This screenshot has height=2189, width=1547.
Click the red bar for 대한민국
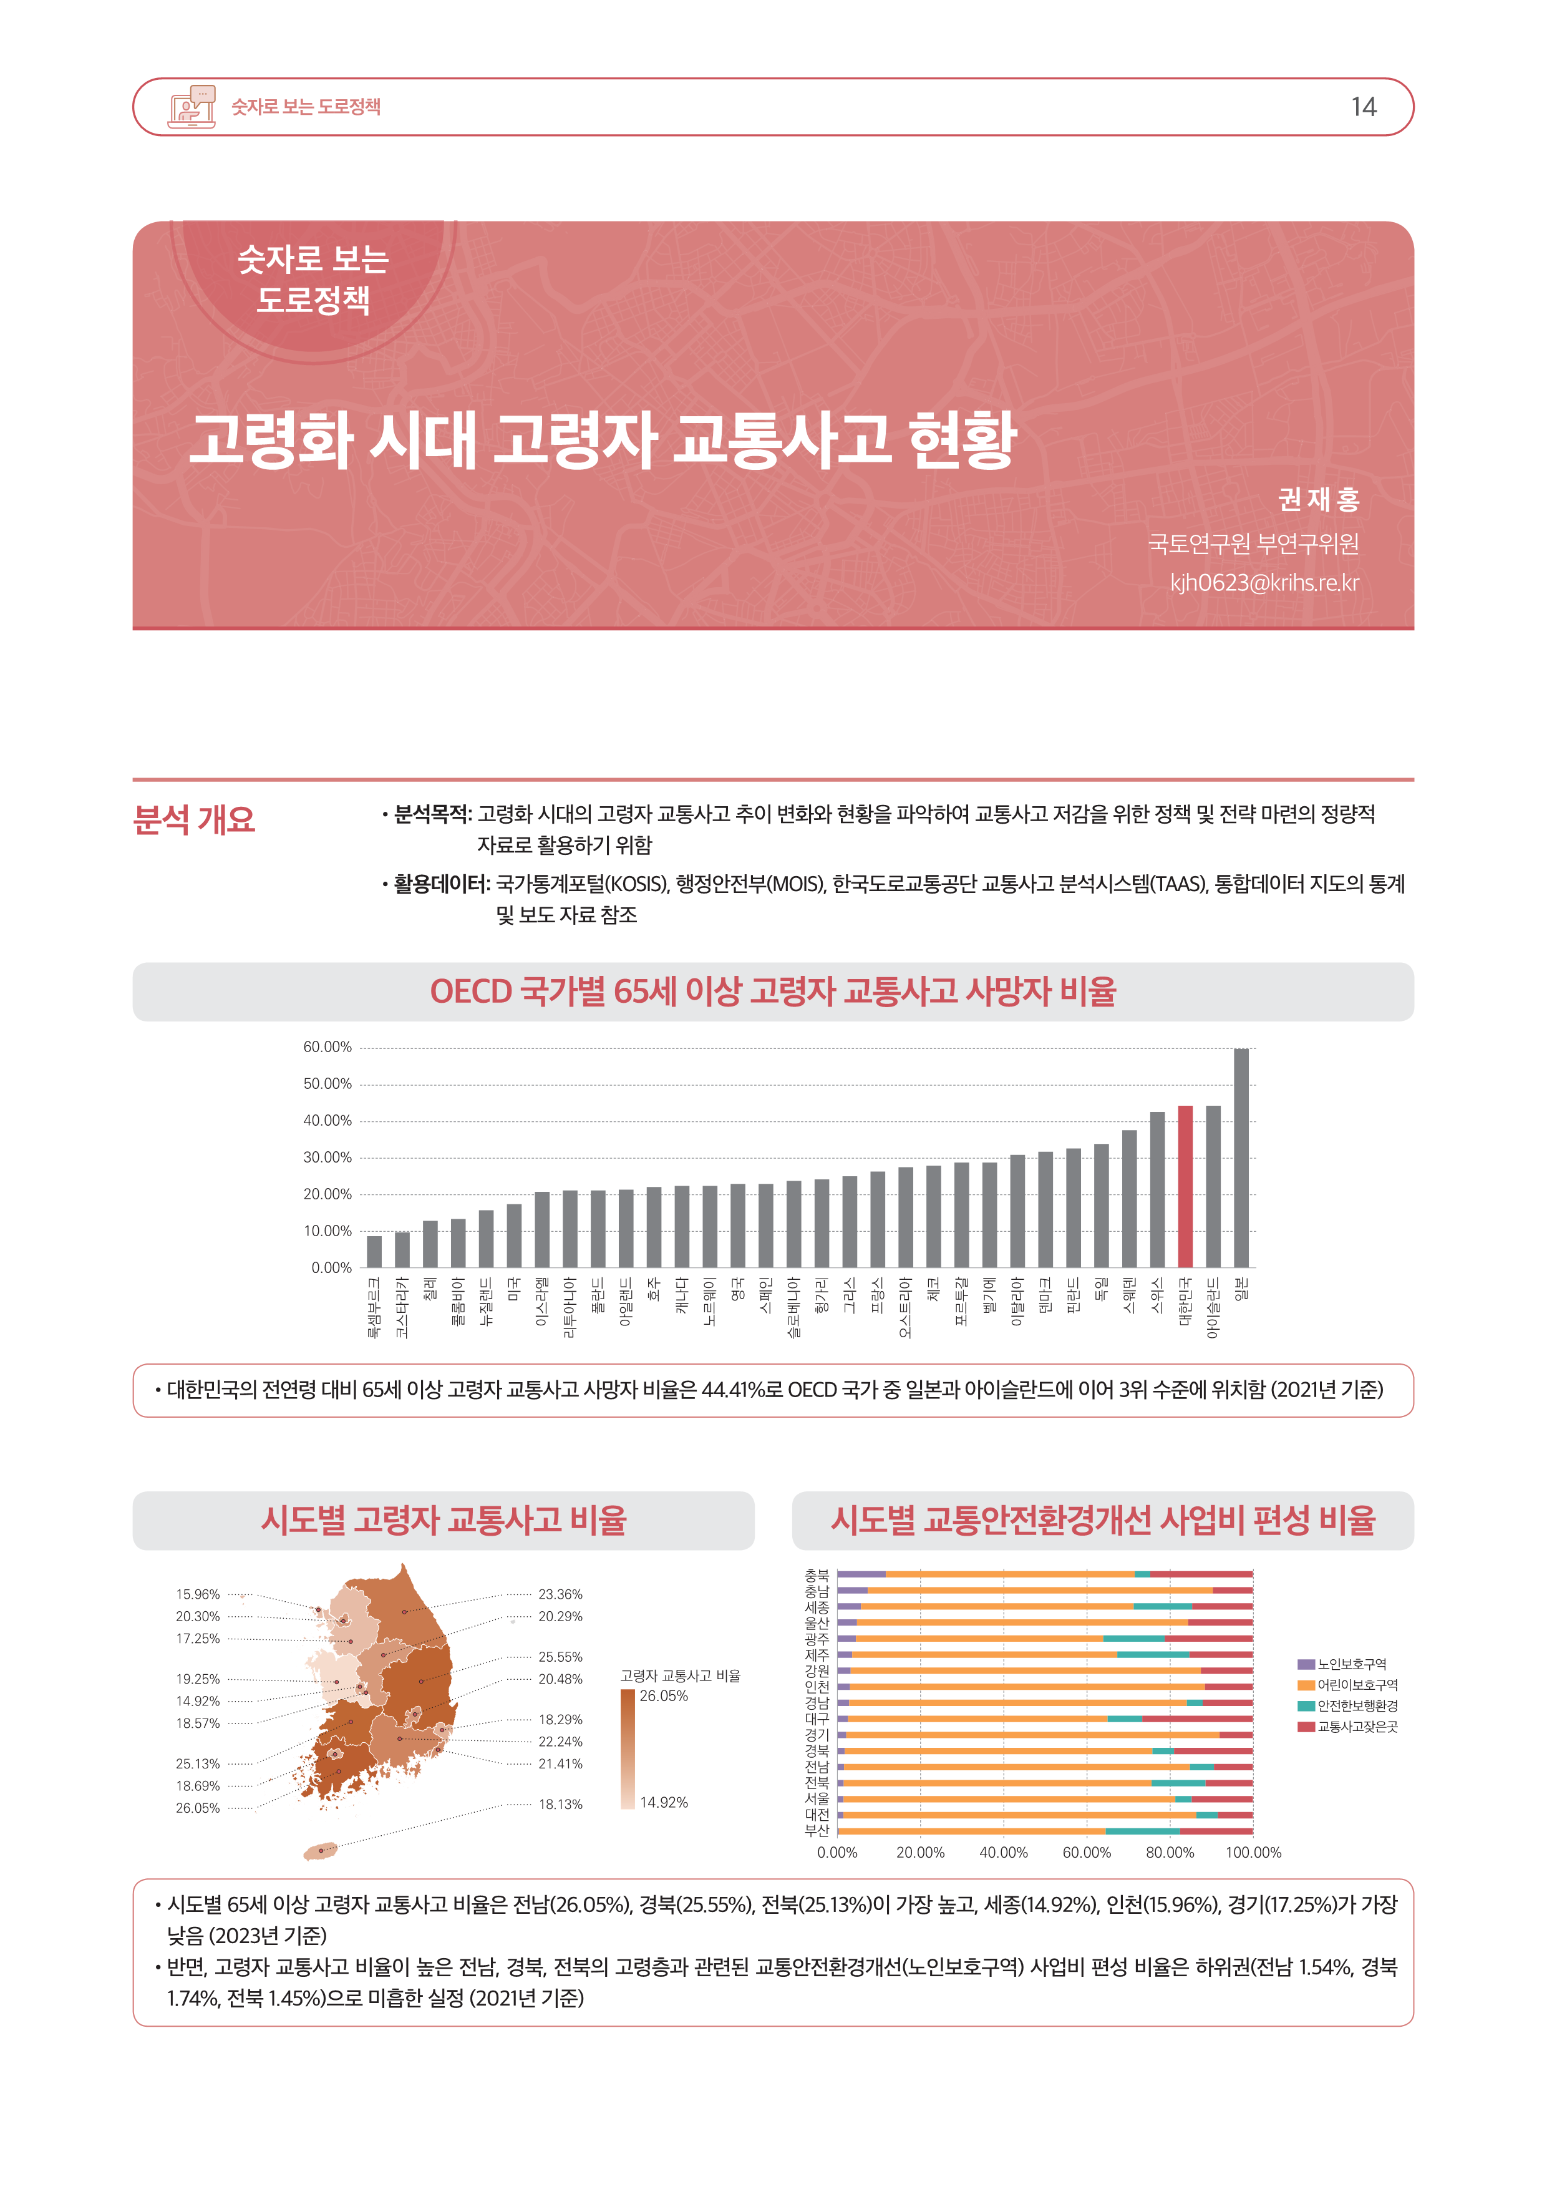[1185, 1186]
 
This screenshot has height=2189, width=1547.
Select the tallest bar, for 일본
[1241, 1158]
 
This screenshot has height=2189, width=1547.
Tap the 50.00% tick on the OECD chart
[327, 1084]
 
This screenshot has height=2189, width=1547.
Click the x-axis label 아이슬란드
[1213, 1308]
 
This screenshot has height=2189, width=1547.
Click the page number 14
[1363, 107]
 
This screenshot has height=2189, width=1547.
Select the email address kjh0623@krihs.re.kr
[1264, 583]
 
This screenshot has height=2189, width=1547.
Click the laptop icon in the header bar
[191, 107]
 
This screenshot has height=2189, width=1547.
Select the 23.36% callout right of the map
[560, 1594]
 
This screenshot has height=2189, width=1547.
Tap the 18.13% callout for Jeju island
[560, 1804]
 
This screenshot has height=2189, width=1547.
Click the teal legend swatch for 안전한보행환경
[1306, 1705]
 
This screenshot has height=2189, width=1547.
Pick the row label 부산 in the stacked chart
[817, 1831]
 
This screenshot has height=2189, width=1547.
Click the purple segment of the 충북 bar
[861, 1574]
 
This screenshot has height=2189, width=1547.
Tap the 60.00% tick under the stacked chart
[1087, 1853]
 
